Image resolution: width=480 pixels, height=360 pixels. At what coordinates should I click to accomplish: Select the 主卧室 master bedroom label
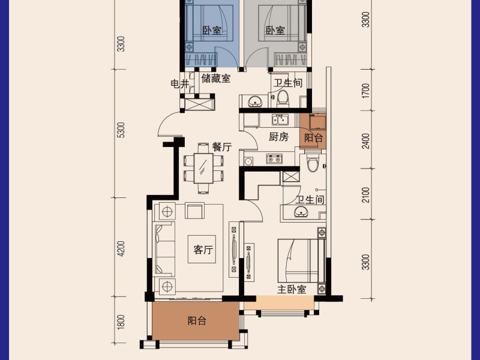(x=292, y=289)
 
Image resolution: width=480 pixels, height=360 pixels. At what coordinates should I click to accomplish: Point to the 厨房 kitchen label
(x=279, y=137)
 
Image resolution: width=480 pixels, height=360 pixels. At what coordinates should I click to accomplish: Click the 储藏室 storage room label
(x=216, y=78)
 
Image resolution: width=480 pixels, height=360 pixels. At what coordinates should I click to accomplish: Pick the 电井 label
(x=180, y=84)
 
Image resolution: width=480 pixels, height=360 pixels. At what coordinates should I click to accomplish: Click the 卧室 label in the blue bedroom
(x=211, y=30)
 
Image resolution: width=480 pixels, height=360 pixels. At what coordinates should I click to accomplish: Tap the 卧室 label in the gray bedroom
(x=275, y=30)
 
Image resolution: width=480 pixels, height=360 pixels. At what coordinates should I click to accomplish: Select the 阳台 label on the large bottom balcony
(x=197, y=321)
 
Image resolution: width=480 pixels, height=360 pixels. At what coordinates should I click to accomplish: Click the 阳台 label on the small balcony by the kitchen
(x=313, y=137)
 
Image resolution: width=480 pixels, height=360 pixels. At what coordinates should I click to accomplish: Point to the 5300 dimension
(x=121, y=130)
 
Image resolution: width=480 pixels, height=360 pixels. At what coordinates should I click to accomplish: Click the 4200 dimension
(x=121, y=248)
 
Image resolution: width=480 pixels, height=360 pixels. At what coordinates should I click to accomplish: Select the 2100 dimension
(x=365, y=195)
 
